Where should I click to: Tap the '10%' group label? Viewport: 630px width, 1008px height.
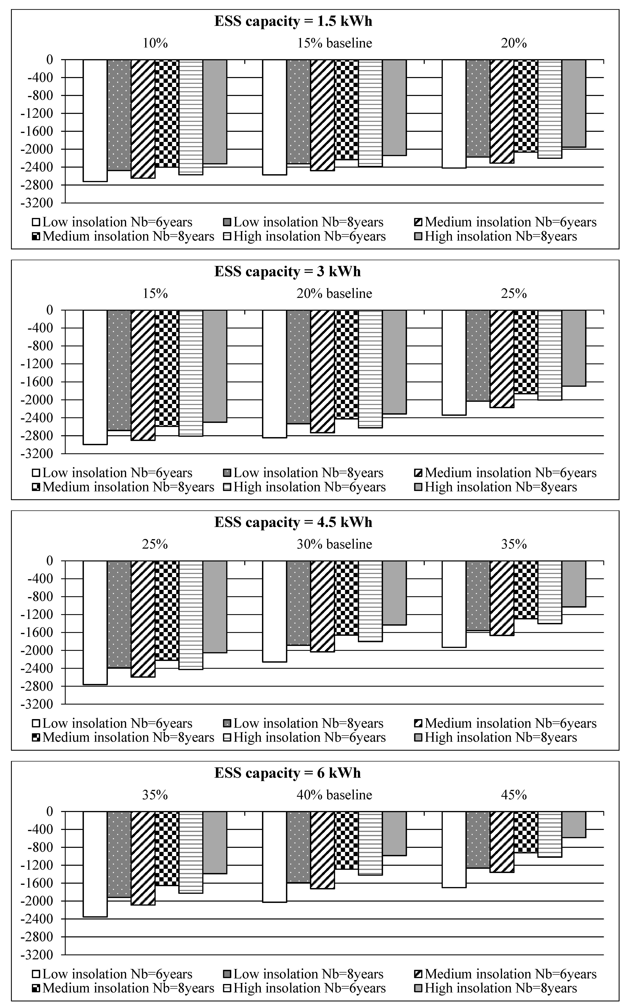[155, 43]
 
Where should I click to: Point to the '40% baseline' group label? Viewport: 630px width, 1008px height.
[334, 795]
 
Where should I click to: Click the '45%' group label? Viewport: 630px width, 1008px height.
[514, 795]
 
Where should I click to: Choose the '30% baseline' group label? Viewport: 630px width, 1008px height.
[334, 544]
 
